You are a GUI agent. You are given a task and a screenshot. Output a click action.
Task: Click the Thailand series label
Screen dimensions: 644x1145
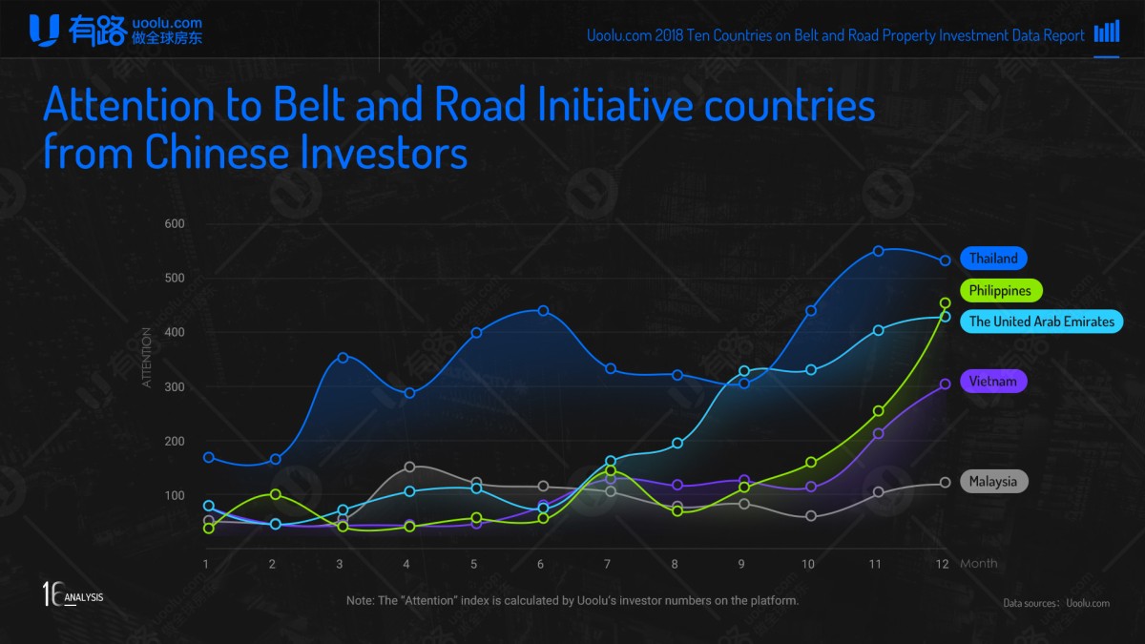click(x=993, y=259)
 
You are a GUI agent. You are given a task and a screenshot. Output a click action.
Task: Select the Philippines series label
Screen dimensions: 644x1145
click(x=1000, y=291)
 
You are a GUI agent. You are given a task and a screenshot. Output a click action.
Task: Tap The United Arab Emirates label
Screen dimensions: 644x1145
click(x=1041, y=322)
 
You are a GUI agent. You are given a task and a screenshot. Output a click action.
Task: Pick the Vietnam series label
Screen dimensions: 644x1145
click(x=993, y=382)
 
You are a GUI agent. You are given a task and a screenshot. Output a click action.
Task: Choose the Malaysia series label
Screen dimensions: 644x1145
click(x=993, y=482)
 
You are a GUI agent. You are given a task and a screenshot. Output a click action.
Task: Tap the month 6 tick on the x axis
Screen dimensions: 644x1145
click(x=540, y=564)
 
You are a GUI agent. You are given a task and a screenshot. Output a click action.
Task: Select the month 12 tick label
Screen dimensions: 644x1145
click(x=942, y=564)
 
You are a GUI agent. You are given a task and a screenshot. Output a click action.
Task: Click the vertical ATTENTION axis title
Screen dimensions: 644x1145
click(x=147, y=358)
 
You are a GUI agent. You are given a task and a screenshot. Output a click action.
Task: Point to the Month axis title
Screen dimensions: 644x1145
click(x=978, y=564)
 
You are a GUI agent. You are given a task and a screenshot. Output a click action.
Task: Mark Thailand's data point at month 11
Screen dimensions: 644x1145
click(x=878, y=251)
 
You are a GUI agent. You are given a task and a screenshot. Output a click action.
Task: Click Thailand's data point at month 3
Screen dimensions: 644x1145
click(x=343, y=357)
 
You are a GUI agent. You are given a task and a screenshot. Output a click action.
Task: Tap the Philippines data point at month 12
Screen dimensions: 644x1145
click(x=945, y=303)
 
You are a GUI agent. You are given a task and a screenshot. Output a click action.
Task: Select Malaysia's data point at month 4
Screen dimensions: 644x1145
click(x=409, y=467)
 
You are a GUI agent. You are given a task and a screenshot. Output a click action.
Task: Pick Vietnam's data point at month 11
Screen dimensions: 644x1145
click(x=878, y=434)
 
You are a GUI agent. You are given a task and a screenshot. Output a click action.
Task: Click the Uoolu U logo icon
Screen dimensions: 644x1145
click(x=44, y=30)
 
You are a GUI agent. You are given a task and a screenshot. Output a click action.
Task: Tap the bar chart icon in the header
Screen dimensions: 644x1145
click(x=1107, y=32)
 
